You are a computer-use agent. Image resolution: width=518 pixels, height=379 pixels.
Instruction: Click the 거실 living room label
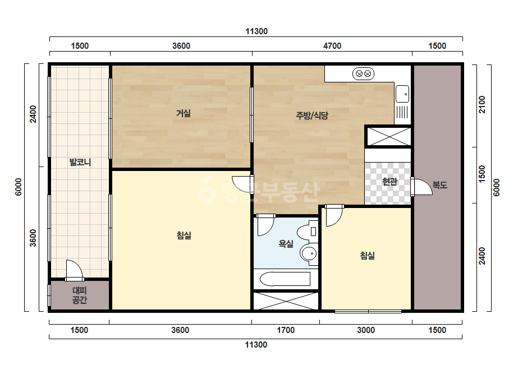coord(184,113)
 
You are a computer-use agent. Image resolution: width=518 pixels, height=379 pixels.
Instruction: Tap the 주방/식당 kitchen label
coord(312,115)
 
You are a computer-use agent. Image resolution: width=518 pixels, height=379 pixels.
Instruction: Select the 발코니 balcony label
coord(80,162)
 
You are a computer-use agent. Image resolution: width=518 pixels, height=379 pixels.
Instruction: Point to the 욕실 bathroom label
coord(286,244)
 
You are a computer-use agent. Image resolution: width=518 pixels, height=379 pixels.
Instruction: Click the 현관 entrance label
coord(389,181)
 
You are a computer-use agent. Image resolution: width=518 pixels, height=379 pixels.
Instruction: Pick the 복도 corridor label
coord(439,185)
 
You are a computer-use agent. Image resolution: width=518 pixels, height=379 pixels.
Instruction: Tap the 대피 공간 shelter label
coord(79,295)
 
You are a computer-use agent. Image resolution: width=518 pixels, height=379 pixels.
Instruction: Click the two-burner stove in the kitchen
coord(364,73)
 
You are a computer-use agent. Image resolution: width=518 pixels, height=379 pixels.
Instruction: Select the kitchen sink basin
coord(402,94)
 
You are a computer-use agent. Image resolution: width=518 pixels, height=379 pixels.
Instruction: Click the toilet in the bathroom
coord(308,232)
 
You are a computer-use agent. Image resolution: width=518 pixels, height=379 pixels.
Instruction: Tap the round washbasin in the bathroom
coord(309,254)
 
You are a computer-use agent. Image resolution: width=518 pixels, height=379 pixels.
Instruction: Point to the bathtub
coord(285,279)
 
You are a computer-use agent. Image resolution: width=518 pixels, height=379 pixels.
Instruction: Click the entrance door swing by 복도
coord(422,187)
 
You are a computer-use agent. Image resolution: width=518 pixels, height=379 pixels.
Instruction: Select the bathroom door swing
coord(265,225)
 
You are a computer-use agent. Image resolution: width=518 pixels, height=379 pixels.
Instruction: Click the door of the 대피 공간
coord(74,270)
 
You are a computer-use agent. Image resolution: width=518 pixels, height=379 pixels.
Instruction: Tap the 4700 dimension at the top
coord(332,45)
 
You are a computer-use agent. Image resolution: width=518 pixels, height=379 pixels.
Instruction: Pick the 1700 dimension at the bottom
coord(286,330)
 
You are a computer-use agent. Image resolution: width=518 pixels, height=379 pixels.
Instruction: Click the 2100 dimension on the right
coord(482,104)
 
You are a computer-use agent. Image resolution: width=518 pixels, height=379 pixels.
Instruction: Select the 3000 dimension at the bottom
coord(366,330)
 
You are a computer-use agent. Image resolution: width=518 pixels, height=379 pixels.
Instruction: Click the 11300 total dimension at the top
coord(256,31)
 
